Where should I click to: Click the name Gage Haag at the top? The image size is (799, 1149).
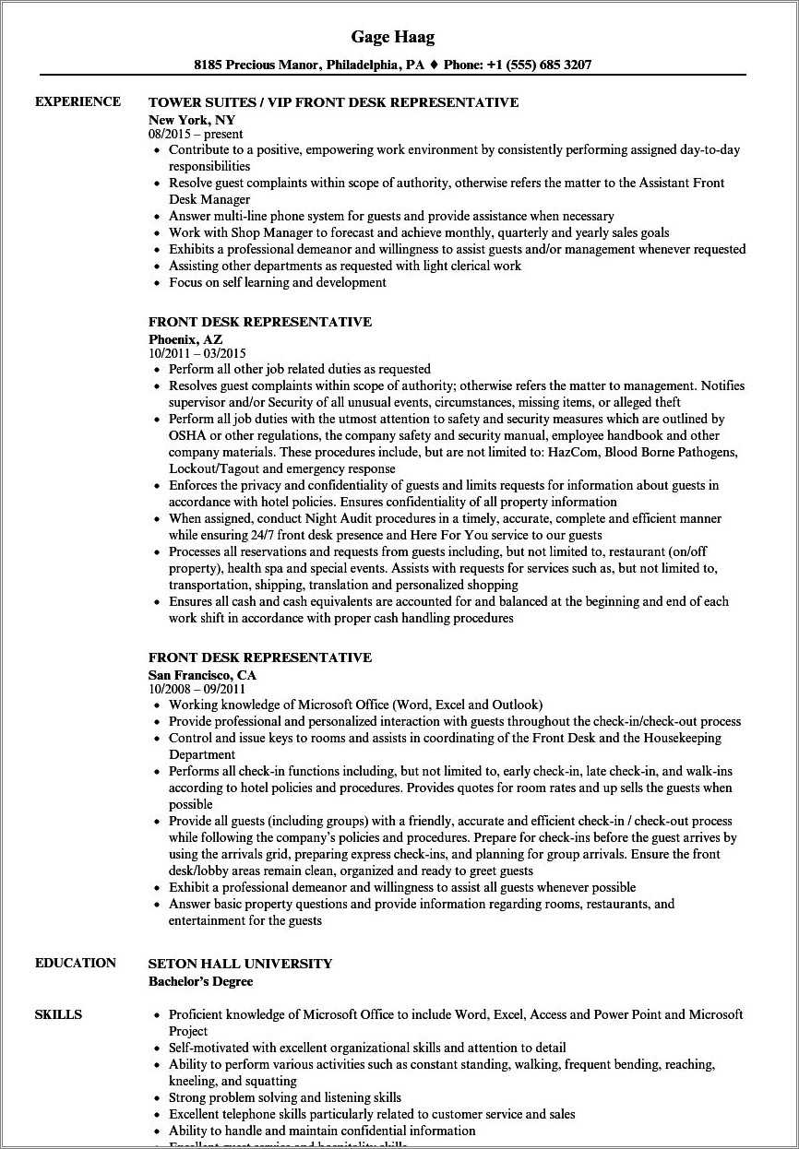[x=392, y=37]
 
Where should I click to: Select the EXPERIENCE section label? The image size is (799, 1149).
[x=78, y=101]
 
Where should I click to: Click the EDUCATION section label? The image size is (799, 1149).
[x=76, y=963]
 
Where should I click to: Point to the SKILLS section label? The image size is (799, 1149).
[x=58, y=1014]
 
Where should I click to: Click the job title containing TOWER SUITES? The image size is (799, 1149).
[x=333, y=102]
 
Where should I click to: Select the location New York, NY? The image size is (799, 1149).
[x=192, y=120]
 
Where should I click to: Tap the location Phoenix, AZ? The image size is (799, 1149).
[x=185, y=339]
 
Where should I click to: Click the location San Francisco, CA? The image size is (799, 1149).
[x=202, y=675]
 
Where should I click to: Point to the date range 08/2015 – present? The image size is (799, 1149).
[x=196, y=134]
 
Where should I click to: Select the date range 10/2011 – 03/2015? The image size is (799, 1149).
[x=197, y=353]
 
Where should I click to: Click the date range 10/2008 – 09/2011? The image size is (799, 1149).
[x=197, y=689]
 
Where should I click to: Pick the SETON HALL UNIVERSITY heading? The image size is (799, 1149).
[x=240, y=964]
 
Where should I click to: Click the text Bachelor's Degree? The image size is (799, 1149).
[x=200, y=981]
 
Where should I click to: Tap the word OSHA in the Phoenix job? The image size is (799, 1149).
[x=186, y=435]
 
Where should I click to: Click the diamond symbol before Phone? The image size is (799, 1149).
[x=433, y=65]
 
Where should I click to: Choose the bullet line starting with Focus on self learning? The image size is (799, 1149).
[x=277, y=282]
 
